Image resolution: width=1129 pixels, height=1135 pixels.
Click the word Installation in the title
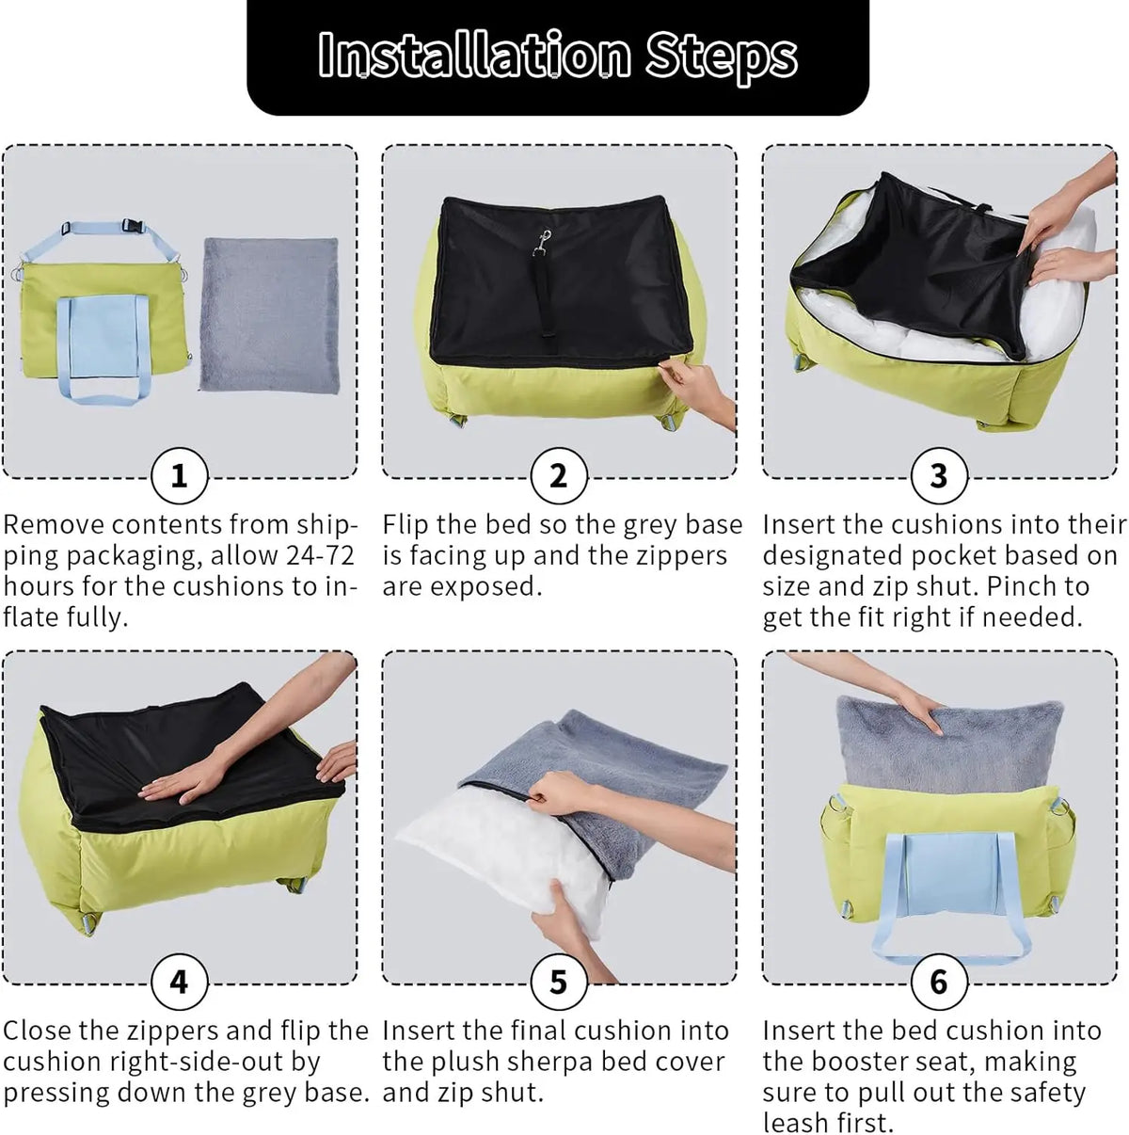click(474, 55)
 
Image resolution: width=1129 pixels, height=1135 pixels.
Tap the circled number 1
click(179, 476)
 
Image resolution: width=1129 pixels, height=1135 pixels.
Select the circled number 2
click(559, 476)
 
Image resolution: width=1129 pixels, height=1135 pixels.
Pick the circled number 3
click(939, 476)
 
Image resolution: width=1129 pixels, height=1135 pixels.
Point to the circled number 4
click(179, 982)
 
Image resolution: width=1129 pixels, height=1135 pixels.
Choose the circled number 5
click(559, 982)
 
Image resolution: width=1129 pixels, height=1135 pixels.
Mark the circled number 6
click(939, 982)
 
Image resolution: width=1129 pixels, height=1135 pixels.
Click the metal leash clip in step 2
click(543, 242)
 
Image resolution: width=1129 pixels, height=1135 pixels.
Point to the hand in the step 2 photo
click(698, 390)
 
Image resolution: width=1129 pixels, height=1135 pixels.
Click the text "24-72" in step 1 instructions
click(320, 555)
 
